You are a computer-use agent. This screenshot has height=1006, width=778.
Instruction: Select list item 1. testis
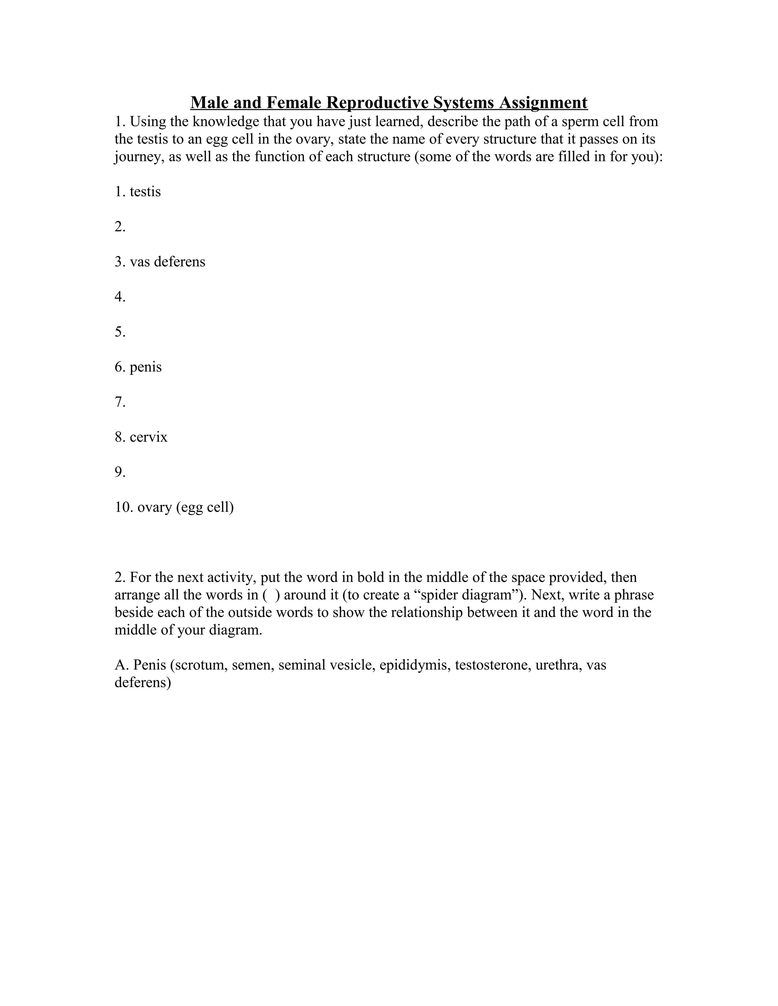tap(138, 191)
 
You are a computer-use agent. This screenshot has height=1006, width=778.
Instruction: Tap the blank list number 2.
tap(120, 227)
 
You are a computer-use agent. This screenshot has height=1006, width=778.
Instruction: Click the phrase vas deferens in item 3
tap(167, 262)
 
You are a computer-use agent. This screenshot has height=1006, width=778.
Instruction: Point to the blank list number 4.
tap(120, 296)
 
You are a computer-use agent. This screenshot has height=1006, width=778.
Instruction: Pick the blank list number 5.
tap(120, 332)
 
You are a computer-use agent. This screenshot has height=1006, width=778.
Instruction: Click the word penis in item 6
tap(145, 367)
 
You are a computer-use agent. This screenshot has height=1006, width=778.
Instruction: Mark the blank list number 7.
tap(120, 402)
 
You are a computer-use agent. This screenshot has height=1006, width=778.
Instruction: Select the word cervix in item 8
tap(149, 437)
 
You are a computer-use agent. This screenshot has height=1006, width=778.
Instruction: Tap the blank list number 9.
tap(120, 472)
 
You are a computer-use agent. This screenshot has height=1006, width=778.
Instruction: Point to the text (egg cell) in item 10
tap(205, 507)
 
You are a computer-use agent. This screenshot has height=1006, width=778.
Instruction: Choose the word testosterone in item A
tap(492, 665)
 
